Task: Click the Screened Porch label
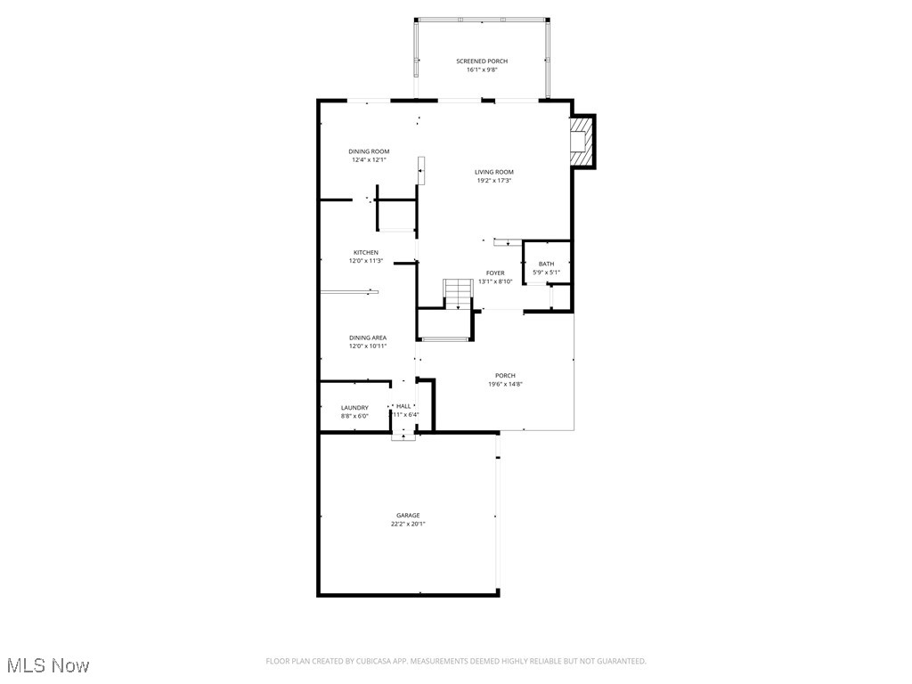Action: point(482,61)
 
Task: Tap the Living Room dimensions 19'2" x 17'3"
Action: point(493,181)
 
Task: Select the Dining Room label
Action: point(369,151)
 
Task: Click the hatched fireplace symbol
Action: point(580,142)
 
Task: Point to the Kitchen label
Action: point(365,253)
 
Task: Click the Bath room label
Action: point(546,264)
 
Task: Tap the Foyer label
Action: point(495,273)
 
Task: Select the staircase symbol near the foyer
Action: point(458,293)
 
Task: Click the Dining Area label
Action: point(368,338)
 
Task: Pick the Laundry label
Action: point(354,408)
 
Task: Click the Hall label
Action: point(403,406)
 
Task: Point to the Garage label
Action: point(408,516)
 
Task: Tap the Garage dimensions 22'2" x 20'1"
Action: point(408,525)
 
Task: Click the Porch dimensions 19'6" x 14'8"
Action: point(505,384)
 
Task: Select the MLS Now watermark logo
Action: point(47,665)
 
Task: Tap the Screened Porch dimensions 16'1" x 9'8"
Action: point(482,70)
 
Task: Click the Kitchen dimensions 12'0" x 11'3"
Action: point(365,261)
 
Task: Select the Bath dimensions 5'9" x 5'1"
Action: point(546,272)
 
